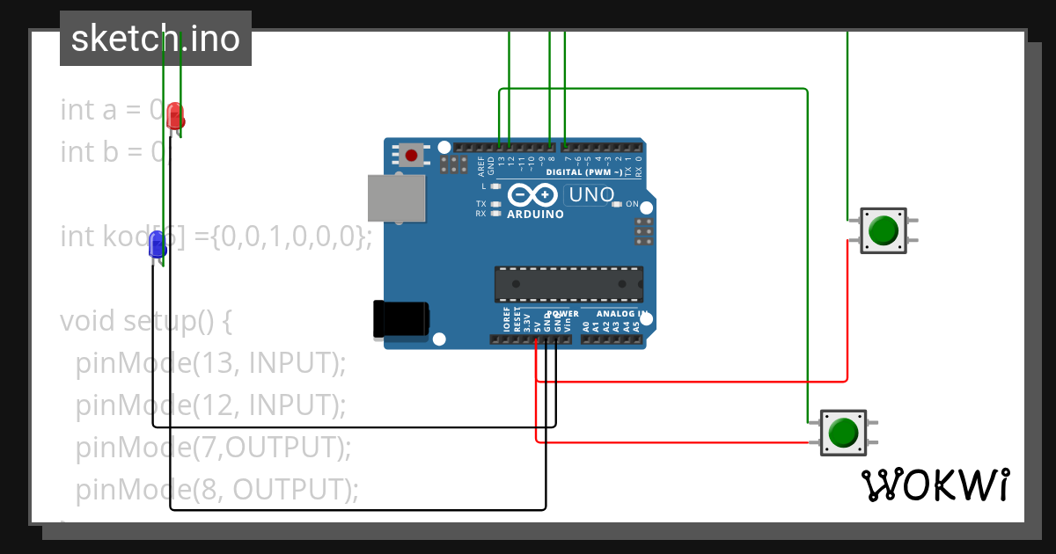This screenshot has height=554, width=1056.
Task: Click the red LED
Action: tap(175, 115)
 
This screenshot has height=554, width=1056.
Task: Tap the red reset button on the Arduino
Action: tap(410, 156)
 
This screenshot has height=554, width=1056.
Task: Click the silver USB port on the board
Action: tap(395, 197)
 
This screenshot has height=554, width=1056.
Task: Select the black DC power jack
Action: tap(401, 319)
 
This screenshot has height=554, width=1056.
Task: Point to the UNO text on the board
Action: tap(591, 194)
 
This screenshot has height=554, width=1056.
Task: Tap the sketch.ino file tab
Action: tap(156, 39)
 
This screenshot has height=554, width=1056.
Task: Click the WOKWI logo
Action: tap(935, 485)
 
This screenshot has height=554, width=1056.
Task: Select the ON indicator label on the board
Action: tap(631, 204)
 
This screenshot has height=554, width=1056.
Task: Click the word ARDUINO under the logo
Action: tap(535, 214)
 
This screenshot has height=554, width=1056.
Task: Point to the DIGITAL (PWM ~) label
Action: tap(583, 172)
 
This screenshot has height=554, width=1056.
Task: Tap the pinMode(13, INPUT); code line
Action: tap(211, 362)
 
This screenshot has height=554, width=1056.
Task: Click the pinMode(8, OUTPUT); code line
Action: tap(217, 489)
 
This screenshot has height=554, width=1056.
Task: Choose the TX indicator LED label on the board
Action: tap(481, 203)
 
